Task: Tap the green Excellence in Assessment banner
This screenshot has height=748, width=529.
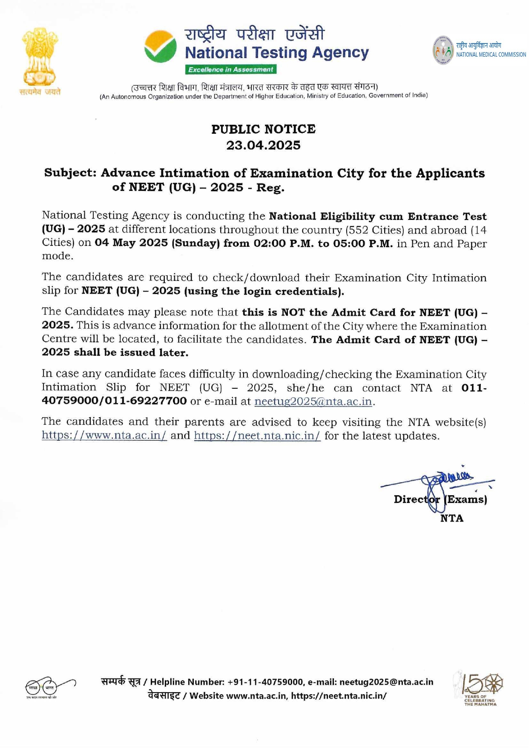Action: [230, 69]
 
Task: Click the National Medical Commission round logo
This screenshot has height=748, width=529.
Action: [443, 50]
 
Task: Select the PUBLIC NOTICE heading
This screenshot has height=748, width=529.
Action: [264, 129]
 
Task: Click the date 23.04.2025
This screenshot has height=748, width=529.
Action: [263, 145]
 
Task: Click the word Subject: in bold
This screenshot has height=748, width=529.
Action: [70, 173]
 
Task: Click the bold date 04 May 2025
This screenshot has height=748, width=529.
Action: [131, 243]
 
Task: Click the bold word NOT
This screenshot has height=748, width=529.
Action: [293, 312]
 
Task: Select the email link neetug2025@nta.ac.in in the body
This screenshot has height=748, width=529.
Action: [313, 401]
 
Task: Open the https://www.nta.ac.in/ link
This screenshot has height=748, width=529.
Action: [104, 436]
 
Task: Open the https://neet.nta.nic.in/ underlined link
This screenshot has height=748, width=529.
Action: [257, 436]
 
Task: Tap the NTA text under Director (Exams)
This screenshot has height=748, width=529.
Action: [451, 518]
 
